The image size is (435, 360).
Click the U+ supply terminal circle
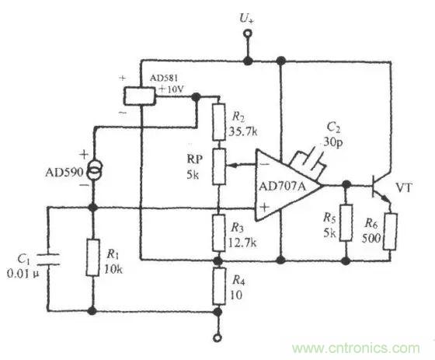click(248, 34)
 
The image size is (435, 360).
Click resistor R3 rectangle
click(217, 231)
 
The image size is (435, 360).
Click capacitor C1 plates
click(48, 261)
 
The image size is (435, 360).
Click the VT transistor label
click(405, 187)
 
